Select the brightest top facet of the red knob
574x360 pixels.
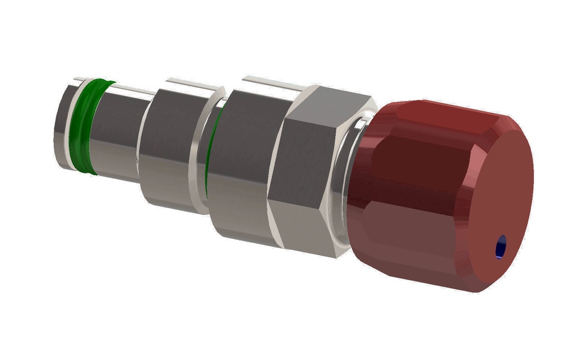tap(443, 115)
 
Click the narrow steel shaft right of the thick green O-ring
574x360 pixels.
tap(118, 135)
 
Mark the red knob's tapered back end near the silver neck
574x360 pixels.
tap(364, 185)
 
